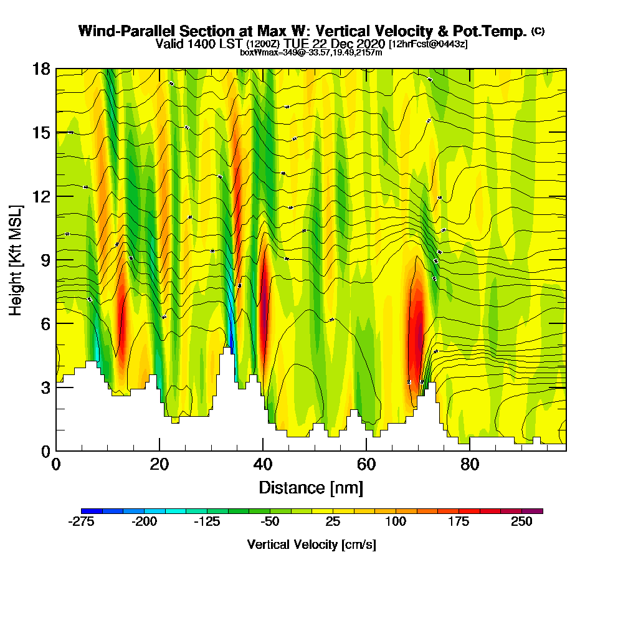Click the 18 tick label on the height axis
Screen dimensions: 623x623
click(40, 69)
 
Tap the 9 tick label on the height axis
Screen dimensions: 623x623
click(45, 260)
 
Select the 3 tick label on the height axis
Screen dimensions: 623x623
click(45, 387)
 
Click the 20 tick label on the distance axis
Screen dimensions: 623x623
click(159, 464)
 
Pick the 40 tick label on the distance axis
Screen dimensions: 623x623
click(263, 464)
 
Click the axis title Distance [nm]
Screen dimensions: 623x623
click(311, 487)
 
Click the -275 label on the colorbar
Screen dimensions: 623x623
click(80, 523)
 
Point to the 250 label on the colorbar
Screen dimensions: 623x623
click(521, 523)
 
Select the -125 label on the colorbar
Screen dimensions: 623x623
click(207, 523)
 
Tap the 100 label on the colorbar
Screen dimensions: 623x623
click(396, 523)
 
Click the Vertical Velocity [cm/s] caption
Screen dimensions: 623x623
click(311, 545)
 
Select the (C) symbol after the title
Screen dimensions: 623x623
click(538, 31)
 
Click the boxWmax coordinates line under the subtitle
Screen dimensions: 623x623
click(311, 52)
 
